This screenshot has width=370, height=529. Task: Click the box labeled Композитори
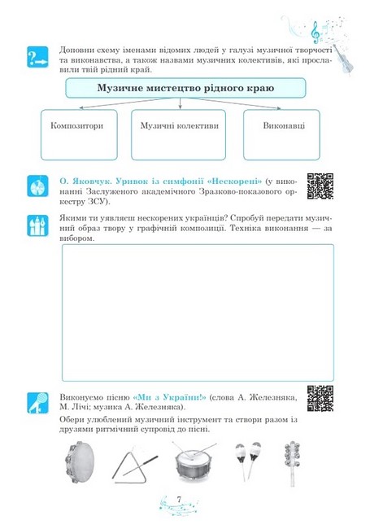(x=75, y=128)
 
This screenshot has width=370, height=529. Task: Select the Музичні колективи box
(x=180, y=128)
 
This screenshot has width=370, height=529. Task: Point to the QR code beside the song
(x=320, y=397)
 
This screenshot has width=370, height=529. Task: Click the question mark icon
(x=38, y=58)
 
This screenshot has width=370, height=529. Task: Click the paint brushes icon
(x=38, y=225)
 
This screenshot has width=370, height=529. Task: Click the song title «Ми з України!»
(x=170, y=395)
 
